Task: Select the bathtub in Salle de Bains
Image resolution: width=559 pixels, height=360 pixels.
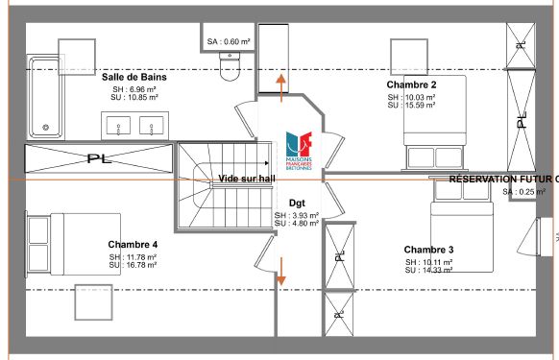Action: coord(44,97)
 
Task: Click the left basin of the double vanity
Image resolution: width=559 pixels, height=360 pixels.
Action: coord(120,125)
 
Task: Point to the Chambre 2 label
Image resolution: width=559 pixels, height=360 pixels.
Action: coord(412,85)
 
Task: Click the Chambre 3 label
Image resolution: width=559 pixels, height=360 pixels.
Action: coord(428,250)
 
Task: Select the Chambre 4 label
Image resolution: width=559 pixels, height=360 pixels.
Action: coord(133,244)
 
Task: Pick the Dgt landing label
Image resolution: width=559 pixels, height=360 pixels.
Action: coord(297,204)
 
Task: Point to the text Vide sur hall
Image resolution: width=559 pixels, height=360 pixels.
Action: coord(247,179)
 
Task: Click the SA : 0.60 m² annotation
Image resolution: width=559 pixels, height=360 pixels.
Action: coord(229,41)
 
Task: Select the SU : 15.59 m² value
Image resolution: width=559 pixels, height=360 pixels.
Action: coord(412,106)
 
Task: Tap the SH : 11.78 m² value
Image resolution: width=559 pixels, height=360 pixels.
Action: coord(133,256)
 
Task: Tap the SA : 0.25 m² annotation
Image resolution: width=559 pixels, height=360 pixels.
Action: coord(523,192)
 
